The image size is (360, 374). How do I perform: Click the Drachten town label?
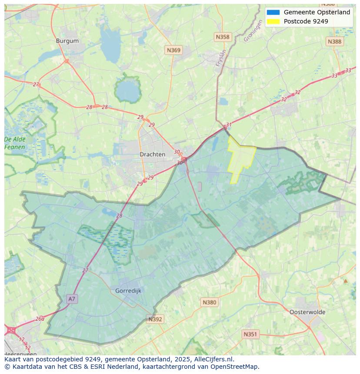tap(152, 154)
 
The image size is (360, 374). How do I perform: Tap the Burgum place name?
tap(67, 41)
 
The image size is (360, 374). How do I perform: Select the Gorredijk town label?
tap(128, 291)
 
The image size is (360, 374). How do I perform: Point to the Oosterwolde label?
tap(307, 312)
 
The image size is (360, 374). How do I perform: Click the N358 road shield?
tap(222, 37)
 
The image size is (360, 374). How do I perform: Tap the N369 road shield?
tap(173, 50)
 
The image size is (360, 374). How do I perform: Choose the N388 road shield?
tap(334, 41)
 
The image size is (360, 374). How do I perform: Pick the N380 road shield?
tap(209, 302)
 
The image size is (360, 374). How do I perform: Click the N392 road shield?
tap(155, 319)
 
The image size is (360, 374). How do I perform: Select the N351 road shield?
tap(250, 334)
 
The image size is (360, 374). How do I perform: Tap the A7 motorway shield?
tap(72, 299)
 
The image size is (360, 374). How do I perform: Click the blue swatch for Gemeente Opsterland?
tap(273, 12)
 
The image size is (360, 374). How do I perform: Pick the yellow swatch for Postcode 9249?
tap(273, 21)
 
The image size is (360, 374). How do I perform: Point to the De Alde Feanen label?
tap(15, 143)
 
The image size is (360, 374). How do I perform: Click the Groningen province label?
tap(253, 31)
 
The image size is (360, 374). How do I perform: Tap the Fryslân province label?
tap(221, 58)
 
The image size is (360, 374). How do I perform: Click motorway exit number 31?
tap(229, 125)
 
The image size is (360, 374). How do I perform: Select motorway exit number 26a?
tap(40, 318)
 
